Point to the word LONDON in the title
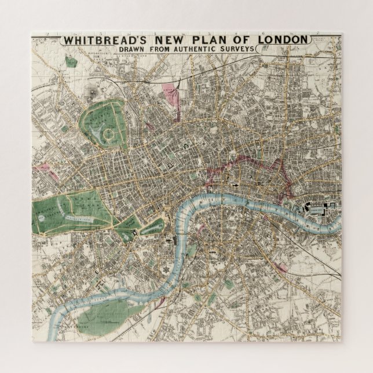[x=281, y=41]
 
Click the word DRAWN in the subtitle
[x=134, y=50]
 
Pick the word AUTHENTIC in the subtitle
[x=196, y=50]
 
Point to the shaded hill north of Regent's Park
[x=92, y=92]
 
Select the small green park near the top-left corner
[x=71, y=60]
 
